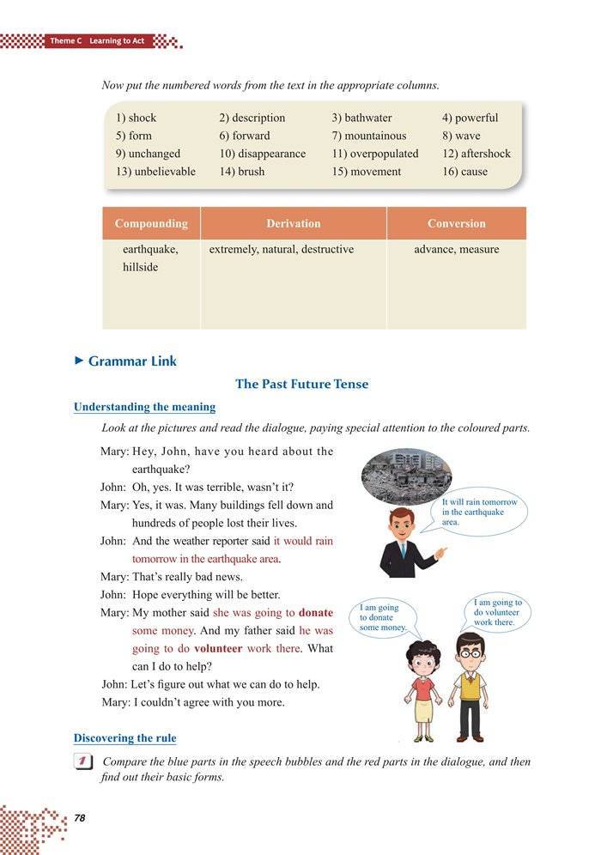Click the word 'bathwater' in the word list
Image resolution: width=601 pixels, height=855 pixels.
tap(367, 118)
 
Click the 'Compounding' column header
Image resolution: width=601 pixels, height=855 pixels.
tap(151, 223)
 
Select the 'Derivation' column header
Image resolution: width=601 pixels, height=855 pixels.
tap(293, 223)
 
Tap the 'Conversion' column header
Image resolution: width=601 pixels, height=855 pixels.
tap(456, 223)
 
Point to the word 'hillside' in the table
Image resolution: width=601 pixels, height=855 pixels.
tap(141, 267)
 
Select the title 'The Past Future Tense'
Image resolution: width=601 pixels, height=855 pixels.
tap(301, 384)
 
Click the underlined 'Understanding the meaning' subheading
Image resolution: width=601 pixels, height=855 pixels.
tap(144, 407)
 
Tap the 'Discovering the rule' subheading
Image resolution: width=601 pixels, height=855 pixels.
tap(124, 738)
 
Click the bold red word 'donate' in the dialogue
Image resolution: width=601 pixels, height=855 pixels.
tap(316, 613)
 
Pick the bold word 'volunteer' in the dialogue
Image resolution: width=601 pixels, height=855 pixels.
tap(217, 648)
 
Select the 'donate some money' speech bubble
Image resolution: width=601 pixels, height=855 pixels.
tap(383, 617)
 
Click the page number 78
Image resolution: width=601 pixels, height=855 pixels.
tap(80, 818)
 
